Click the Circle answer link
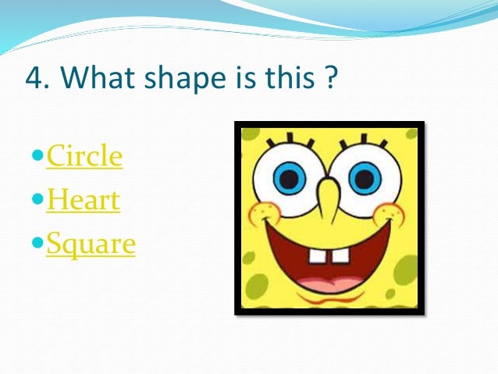[x=84, y=156]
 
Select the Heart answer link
[x=83, y=201]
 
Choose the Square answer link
[x=91, y=244]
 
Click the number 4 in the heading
[x=33, y=79]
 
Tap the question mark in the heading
[x=329, y=79]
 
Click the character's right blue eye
[x=364, y=177]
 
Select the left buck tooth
[x=318, y=258]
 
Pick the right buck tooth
[x=341, y=258]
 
